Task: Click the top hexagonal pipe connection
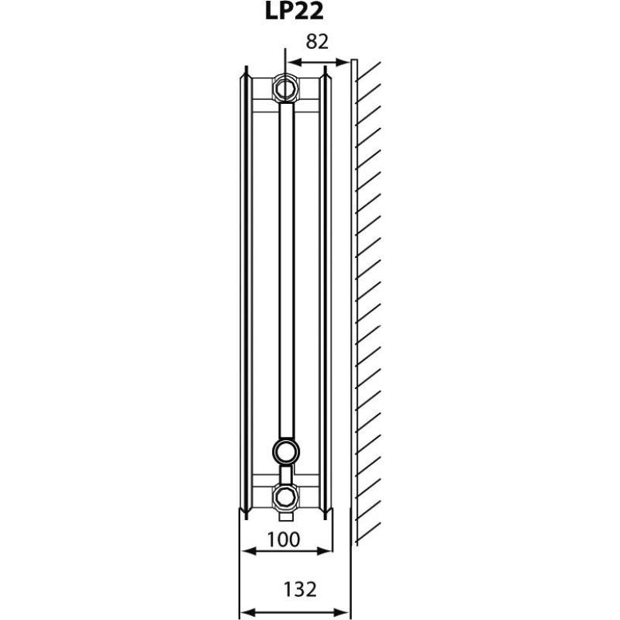[285, 87]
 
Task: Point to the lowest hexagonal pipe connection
[284, 495]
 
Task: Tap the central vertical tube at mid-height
[285, 271]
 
